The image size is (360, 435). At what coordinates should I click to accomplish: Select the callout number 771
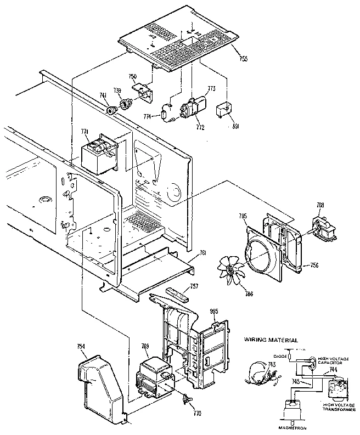coord(84,131)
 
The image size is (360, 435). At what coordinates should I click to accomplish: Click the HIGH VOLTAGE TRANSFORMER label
coord(336,406)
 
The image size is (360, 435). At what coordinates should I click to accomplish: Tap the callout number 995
coord(215,312)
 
